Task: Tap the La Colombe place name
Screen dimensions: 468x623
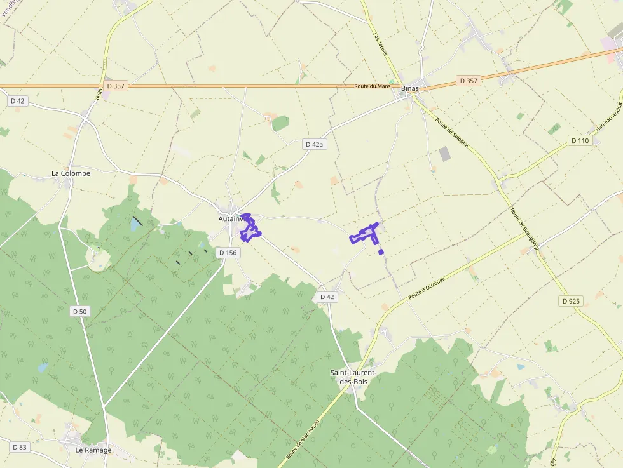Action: pos(71,173)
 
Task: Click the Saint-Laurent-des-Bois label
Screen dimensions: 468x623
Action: pos(354,377)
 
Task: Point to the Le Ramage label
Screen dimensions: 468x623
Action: pos(93,450)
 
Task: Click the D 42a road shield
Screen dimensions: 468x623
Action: pos(315,144)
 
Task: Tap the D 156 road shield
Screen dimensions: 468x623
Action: pos(227,253)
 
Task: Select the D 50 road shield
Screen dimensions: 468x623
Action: pos(79,311)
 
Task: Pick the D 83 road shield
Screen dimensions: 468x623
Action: pos(19,447)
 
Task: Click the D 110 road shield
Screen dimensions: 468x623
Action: pos(580,140)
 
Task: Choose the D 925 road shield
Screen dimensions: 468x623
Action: pos(572,301)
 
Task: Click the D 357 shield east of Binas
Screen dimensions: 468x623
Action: pos(467,81)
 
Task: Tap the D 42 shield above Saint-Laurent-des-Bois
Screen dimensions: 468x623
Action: pos(327,297)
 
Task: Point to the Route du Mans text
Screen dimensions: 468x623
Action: pos(373,86)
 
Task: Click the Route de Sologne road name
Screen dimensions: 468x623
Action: pos(452,133)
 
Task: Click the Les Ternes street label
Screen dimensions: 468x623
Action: pos(380,43)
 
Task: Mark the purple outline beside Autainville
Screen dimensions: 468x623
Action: pos(249,229)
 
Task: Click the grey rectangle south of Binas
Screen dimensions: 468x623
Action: pos(445,154)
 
